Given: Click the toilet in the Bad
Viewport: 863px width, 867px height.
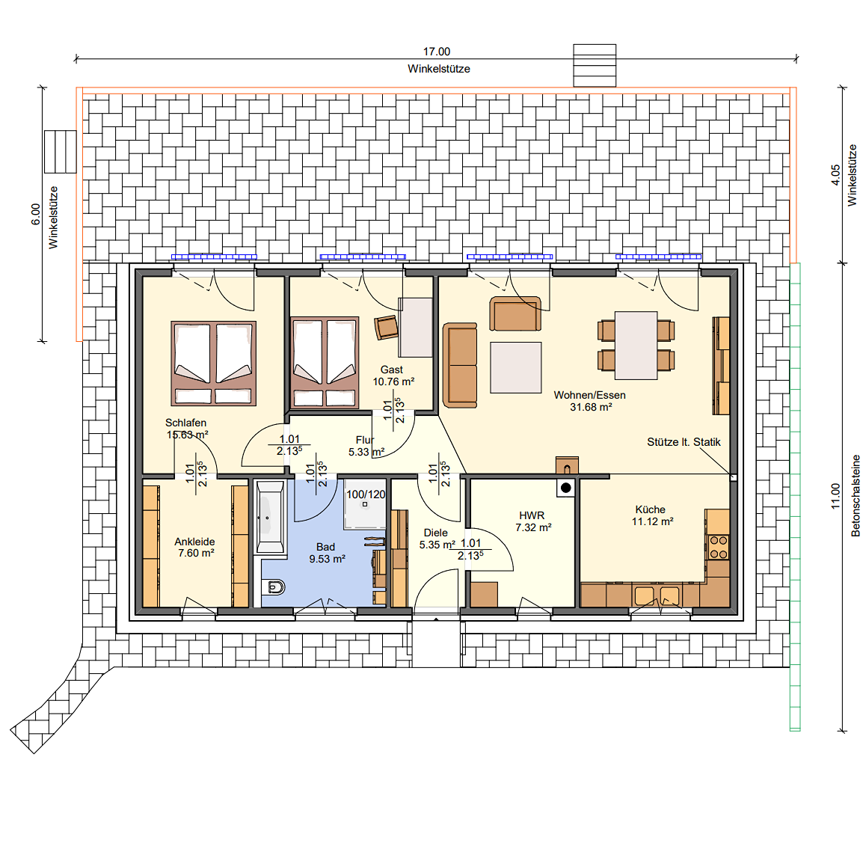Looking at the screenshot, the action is click(x=274, y=586).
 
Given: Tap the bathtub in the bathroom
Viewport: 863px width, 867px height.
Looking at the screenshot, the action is click(x=271, y=517).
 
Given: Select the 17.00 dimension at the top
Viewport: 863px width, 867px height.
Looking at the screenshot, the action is click(x=437, y=52).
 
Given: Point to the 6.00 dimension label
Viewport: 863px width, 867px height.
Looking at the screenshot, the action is click(x=36, y=215).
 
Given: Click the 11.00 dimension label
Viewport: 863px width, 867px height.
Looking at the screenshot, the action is click(x=835, y=496).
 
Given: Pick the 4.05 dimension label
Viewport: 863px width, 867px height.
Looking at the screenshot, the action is click(x=835, y=175).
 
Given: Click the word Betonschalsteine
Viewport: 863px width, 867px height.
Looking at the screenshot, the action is click(x=856, y=496).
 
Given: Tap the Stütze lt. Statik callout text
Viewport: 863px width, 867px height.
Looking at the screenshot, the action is click(x=684, y=442).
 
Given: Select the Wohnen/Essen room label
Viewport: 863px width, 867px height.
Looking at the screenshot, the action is click(x=590, y=395).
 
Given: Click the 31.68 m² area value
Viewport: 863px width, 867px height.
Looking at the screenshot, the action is click(x=591, y=407).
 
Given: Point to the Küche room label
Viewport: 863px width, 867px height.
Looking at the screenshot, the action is click(x=650, y=509).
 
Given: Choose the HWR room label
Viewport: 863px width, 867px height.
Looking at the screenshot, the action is click(x=532, y=515).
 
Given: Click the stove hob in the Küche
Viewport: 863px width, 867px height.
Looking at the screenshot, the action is click(x=718, y=548).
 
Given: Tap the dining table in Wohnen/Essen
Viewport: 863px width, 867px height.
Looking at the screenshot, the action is click(x=636, y=346).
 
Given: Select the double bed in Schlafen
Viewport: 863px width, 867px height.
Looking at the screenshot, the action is click(x=213, y=364).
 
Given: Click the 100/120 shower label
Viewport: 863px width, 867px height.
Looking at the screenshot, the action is click(x=366, y=494).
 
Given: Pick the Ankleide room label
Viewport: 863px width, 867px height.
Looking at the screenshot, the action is click(x=194, y=542).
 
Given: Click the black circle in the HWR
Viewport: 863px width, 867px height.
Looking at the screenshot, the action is click(x=565, y=488).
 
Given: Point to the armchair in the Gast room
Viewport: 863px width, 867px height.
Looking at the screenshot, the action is click(x=387, y=327).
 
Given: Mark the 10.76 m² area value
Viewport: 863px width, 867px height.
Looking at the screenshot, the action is click(x=393, y=382).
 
